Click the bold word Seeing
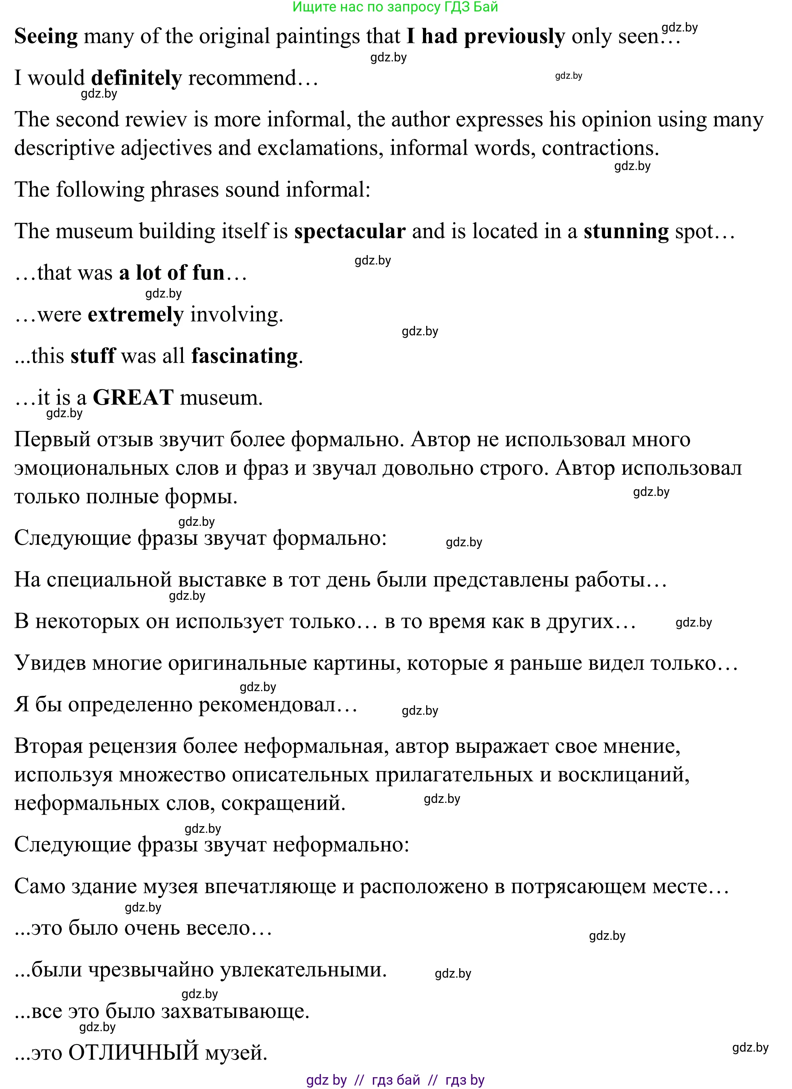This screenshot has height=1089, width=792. point(46,37)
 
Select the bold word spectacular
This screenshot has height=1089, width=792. point(350,232)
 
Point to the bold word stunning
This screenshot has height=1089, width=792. point(626,232)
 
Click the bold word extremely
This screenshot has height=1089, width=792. point(136,315)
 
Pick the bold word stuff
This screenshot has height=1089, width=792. point(92,356)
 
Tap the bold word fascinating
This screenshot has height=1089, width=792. point(245,356)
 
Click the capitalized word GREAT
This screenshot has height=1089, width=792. point(133,398)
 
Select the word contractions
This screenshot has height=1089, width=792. point(600,148)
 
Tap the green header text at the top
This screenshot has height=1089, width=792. point(395,7)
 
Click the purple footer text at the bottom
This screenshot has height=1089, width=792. point(395,1080)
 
